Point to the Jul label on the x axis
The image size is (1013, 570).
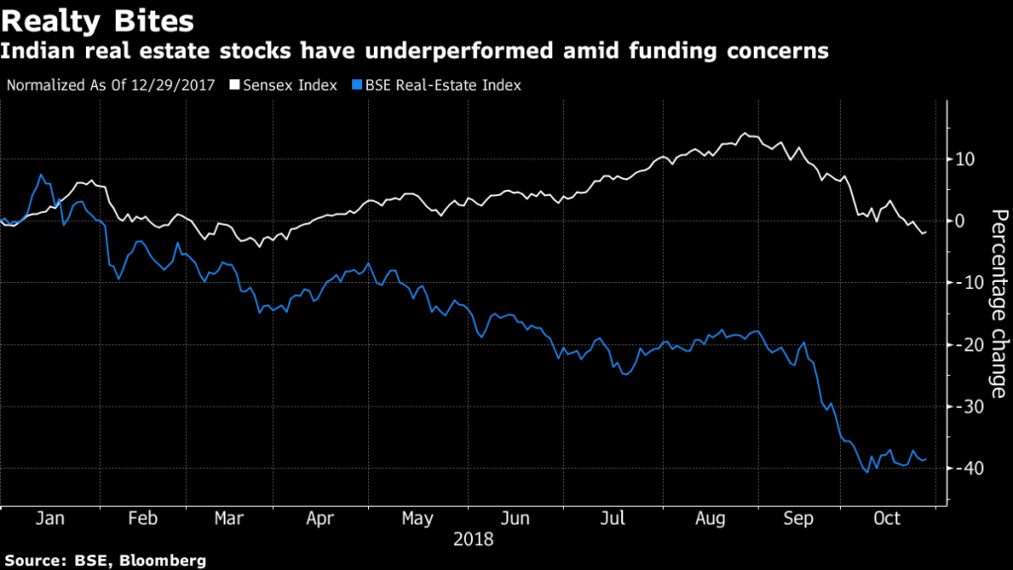[x=614, y=519]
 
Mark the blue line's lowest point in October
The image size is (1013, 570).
[x=868, y=472]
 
